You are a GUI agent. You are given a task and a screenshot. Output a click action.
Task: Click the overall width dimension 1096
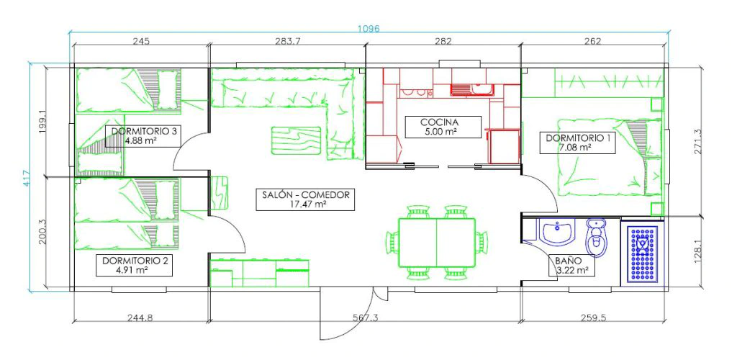[368, 28]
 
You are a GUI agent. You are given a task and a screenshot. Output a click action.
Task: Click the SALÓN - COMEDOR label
[305, 194]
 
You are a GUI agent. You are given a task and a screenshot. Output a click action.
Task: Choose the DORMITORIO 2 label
[134, 261]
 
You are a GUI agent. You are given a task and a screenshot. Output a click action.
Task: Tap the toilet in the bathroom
[597, 237]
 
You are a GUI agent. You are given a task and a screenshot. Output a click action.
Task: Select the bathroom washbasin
[558, 233]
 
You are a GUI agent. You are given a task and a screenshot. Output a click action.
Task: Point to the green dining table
[437, 242]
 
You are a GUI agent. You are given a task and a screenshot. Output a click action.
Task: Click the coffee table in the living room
[296, 140]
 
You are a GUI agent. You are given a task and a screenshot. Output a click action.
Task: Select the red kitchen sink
[471, 89]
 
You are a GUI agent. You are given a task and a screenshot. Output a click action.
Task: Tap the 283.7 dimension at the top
[288, 41]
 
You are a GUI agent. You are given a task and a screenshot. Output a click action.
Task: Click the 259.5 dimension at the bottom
[593, 318]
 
